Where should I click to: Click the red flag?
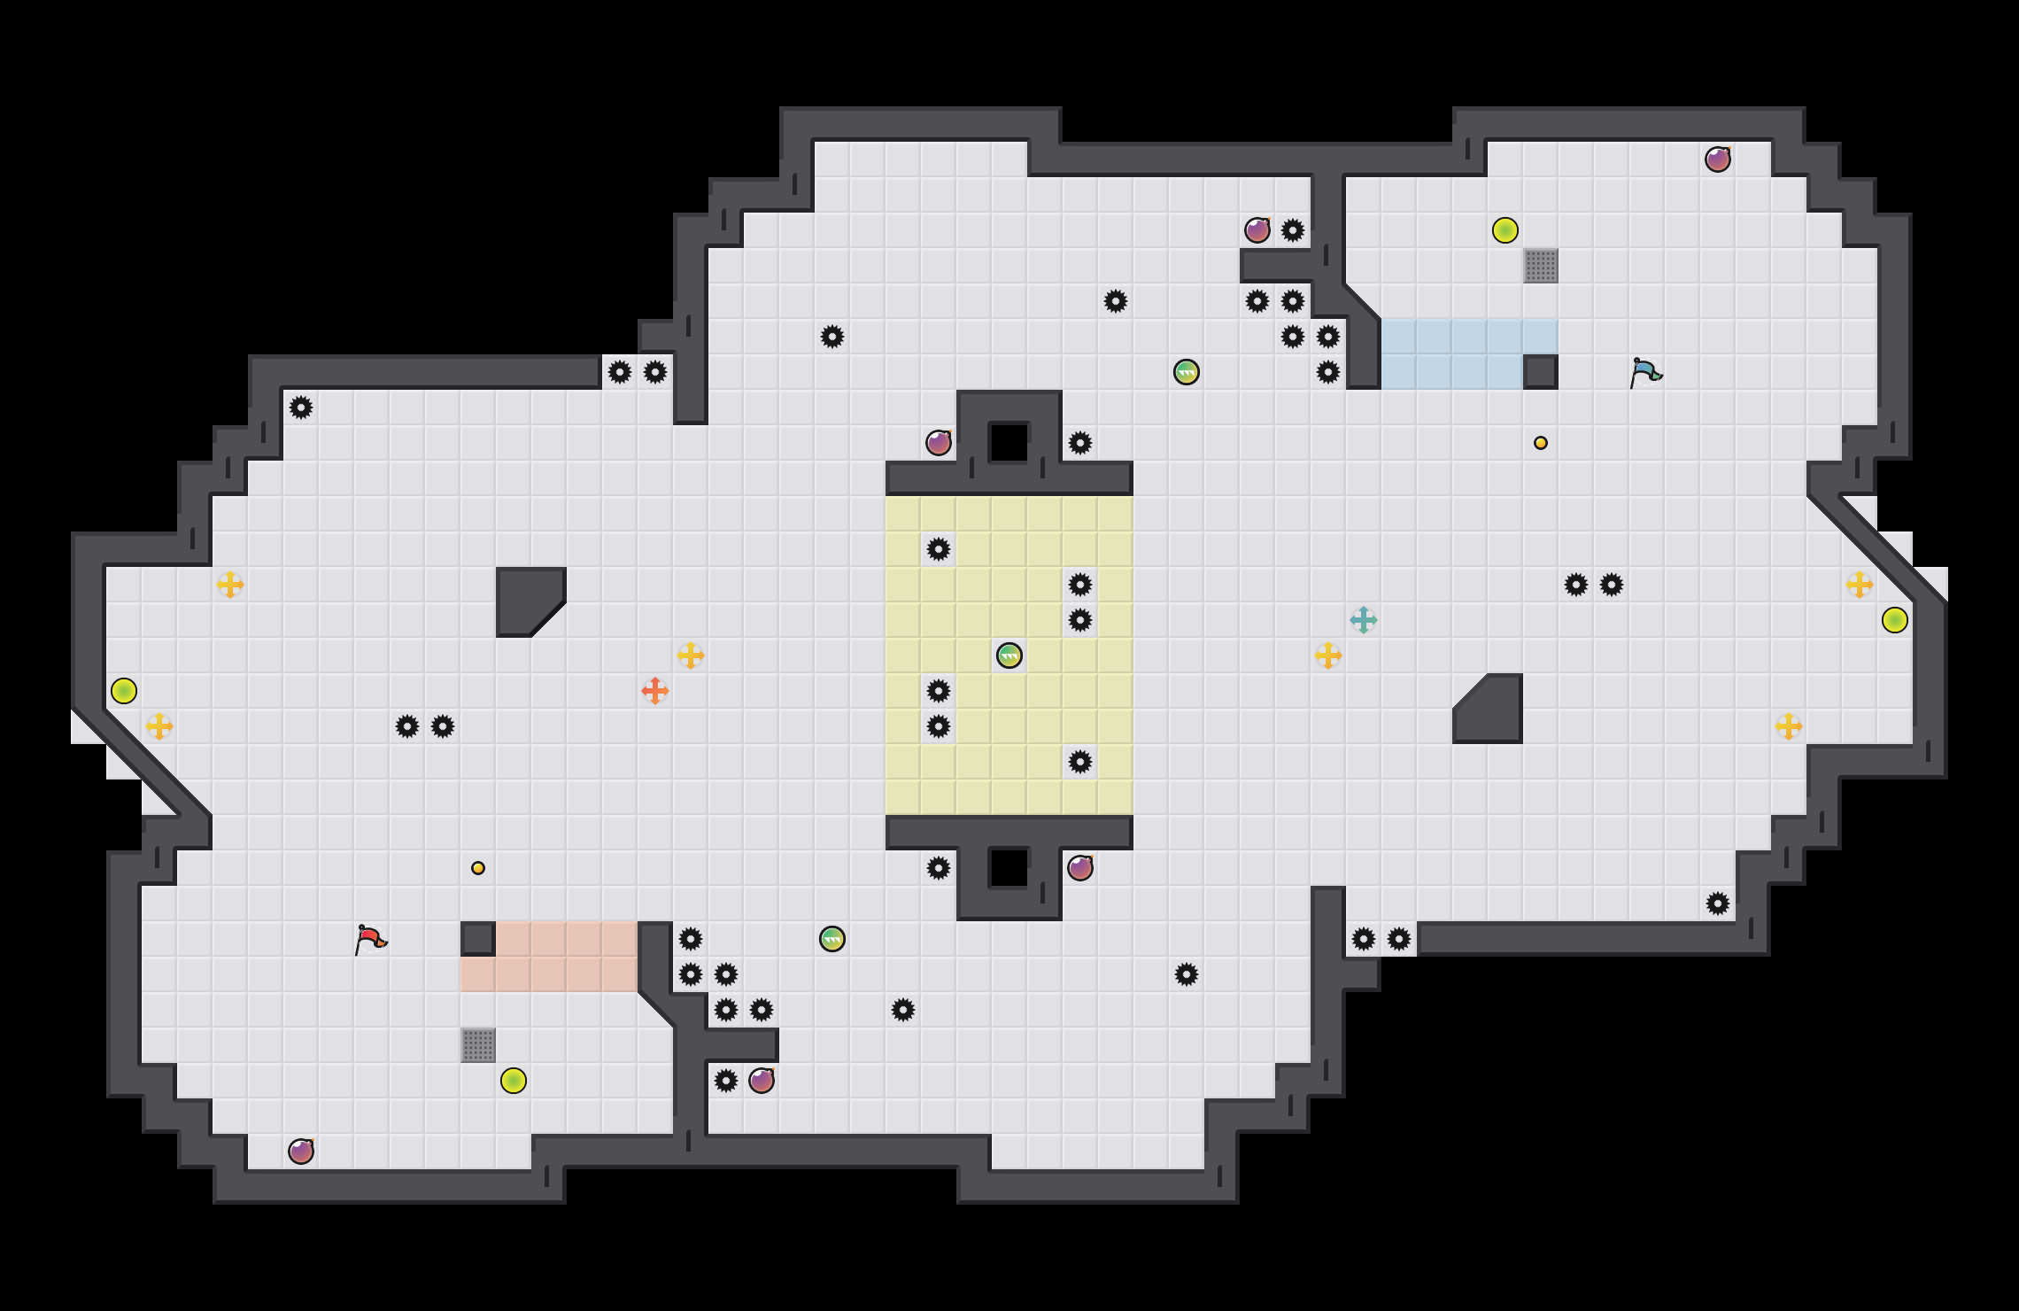point(370,939)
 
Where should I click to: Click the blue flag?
point(1645,372)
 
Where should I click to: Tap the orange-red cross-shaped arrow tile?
point(655,691)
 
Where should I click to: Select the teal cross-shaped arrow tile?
point(1364,620)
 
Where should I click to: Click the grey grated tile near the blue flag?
point(1541,266)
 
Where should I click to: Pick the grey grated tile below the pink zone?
point(478,1045)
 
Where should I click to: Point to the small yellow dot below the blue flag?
point(1541,443)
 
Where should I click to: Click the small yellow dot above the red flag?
point(478,868)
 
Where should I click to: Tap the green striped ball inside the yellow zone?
point(1009,655)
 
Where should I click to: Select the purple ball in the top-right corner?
point(1718,159)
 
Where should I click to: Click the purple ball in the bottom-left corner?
point(301,1152)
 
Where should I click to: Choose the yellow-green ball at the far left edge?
point(124,691)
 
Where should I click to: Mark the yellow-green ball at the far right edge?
point(1895,620)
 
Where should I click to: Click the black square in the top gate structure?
point(1009,442)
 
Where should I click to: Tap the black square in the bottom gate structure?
point(1009,868)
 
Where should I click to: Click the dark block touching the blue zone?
point(1541,372)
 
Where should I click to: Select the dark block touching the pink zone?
point(478,939)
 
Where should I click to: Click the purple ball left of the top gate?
point(939,443)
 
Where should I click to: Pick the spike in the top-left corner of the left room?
point(301,407)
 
